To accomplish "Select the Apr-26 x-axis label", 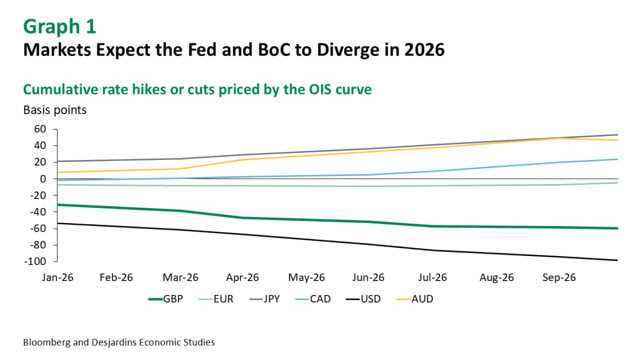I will click(243, 278).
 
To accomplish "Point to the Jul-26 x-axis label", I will click(432, 278).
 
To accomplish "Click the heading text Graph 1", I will click(60, 27).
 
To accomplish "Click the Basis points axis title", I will click(55, 110).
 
